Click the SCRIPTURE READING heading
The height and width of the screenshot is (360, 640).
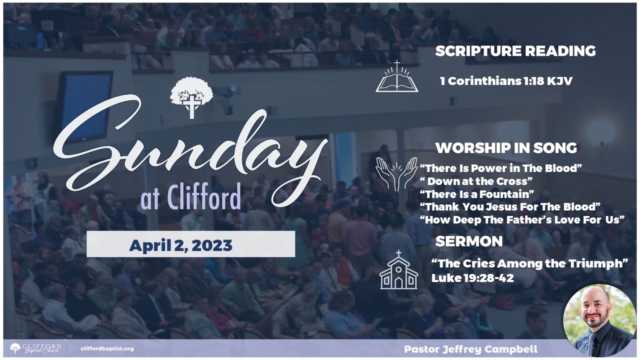tap(515, 51)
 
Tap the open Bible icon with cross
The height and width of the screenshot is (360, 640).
tap(397, 76)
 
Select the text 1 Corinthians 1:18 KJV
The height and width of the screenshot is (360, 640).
tap(506, 81)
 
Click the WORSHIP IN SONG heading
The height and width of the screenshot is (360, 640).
tap(506, 148)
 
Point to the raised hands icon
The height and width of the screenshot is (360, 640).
tap(396, 174)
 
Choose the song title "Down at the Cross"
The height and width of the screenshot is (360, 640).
tap(476, 181)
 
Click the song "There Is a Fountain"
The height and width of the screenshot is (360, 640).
tap(477, 194)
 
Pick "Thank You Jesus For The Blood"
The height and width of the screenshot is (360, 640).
tap(510, 206)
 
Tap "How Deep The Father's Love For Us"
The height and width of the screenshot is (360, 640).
tap(522, 219)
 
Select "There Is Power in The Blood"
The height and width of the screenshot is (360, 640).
tap(501, 168)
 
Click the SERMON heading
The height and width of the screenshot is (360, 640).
tap(469, 241)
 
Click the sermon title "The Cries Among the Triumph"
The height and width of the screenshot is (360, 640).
tap(529, 263)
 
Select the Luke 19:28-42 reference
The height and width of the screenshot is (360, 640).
tap(472, 278)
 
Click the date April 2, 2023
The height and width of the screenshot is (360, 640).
tap(181, 245)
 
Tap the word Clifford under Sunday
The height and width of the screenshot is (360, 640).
tap(203, 197)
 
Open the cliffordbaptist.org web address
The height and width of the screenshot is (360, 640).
tap(107, 348)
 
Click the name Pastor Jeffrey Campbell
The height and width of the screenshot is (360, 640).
tap(470, 349)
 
